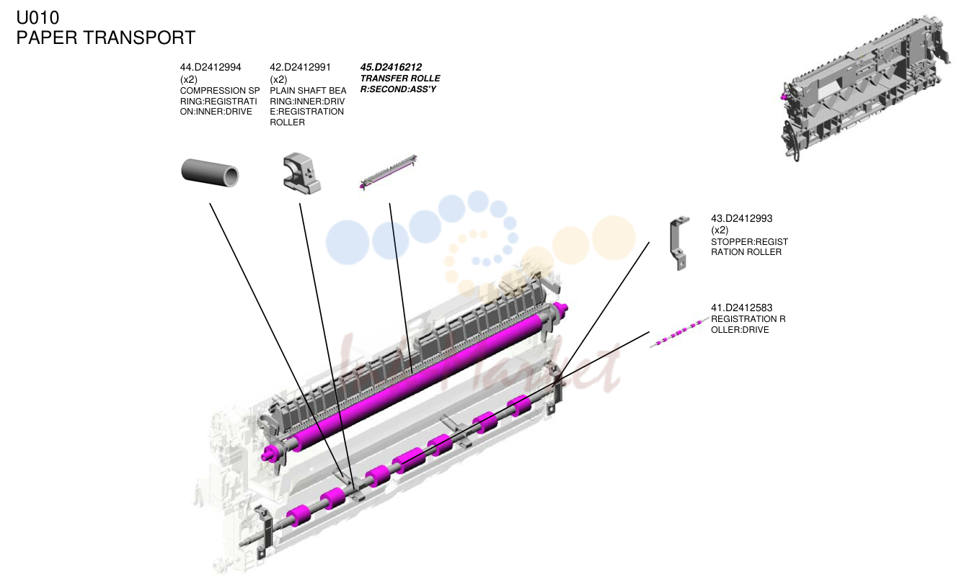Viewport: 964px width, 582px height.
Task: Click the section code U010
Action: pyautogui.click(x=37, y=17)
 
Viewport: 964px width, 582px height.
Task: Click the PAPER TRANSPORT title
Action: pyautogui.click(x=106, y=37)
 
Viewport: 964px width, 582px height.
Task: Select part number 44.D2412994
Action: pyautogui.click(x=211, y=67)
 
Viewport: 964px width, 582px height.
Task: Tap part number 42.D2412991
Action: pyautogui.click(x=300, y=67)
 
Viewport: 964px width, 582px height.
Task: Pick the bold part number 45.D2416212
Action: pyautogui.click(x=391, y=67)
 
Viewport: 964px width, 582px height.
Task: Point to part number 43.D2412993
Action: pyautogui.click(x=741, y=218)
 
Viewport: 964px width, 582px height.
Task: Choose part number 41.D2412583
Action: pyautogui.click(x=741, y=308)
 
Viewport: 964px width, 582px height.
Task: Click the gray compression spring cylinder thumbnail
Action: pyautogui.click(x=210, y=172)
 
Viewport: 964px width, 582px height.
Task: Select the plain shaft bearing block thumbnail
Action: pyautogui.click(x=301, y=174)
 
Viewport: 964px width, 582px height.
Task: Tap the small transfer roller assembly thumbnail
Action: pyautogui.click(x=388, y=172)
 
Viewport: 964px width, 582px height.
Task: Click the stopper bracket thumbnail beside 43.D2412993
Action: pyautogui.click(x=679, y=243)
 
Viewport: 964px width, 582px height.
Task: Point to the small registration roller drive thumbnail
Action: pyautogui.click(x=679, y=332)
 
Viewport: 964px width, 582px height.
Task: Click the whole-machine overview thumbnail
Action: pyautogui.click(x=865, y=88)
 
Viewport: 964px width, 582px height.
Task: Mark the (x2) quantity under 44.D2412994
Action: pyautogui.click(x=188, y=79)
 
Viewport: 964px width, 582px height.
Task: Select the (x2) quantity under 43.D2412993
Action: pyautogui.click(x=720, y=230)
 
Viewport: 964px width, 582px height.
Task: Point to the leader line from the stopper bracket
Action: pyautogui.click(x=601, y=314)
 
